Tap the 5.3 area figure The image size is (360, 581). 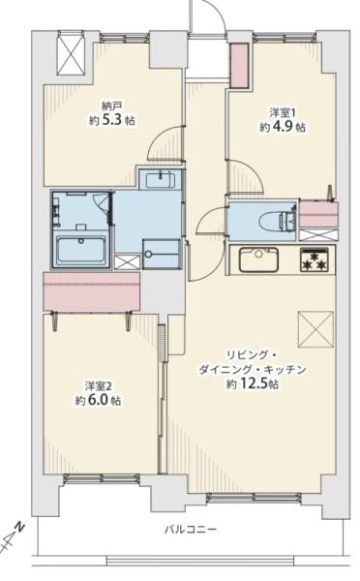tap(113, 120)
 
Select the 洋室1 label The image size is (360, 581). tap(283, 112)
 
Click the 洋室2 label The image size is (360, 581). tap(98, 386)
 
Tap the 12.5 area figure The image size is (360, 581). tap(252, 384)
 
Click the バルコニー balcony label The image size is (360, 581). tap(191, 529)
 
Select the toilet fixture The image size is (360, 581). tap(276, 222)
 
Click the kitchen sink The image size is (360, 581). tap(258, 260)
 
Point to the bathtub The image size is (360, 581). tap(81, 250)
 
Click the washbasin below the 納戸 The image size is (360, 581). tap(161, 180)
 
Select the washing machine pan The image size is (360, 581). tap(161, 254)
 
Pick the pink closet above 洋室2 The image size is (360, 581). tap(92, 291)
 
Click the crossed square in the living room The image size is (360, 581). tap(315, 329)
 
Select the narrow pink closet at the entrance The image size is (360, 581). tap(239, 66)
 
